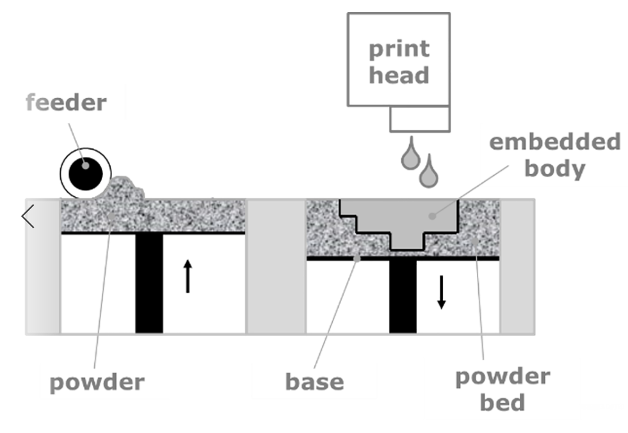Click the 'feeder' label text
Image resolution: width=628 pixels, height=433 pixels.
click(66, 102)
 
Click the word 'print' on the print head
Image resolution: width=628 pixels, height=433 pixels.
click(398, 49)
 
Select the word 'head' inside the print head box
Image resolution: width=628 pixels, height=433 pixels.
click(398, 75)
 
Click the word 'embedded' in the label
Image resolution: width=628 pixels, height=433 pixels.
click(555, 141)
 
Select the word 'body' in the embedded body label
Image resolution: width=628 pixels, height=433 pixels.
click(554, 169)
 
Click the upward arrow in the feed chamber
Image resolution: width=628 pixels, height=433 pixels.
click(187, 276)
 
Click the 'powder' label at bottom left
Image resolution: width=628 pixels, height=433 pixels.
click(97, 382)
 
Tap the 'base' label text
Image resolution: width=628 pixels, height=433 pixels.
click(314, 382)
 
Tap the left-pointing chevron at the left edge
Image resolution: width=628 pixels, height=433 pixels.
click(28, 217)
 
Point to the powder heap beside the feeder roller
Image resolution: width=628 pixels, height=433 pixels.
click(128, 189)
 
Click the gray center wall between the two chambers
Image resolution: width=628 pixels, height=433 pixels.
click(276, 265)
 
